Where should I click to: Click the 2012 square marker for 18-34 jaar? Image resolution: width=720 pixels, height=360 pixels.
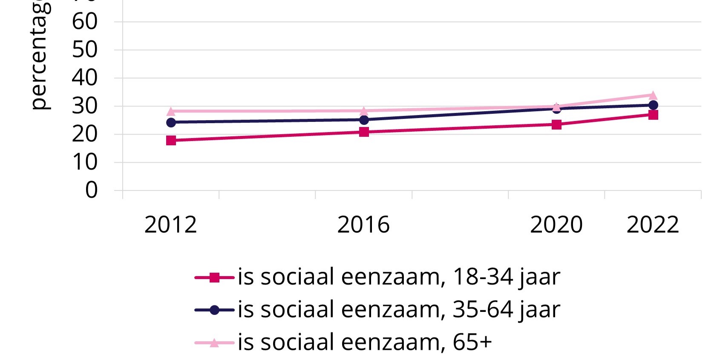coord(171,140)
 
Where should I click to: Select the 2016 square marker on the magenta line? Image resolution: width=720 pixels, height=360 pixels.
coord(364,132)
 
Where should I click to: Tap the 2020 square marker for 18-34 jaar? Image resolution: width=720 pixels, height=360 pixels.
coord(556,124)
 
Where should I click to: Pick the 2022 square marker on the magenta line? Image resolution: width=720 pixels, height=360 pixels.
coord(653,115)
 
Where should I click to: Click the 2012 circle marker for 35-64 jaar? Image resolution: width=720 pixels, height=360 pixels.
coord(171,122)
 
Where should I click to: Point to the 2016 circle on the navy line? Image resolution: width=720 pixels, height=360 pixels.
coord(364,120)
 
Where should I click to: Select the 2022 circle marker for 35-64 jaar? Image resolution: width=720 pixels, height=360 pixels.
coord(653,105)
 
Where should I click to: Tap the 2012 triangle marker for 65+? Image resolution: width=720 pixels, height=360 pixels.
coord(171,112)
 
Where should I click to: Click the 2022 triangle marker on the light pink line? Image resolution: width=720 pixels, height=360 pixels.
coord(653,95)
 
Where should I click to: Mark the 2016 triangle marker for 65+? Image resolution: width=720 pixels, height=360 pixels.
coord(364,111)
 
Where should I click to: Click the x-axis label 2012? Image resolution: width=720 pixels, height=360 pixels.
coord(170,225)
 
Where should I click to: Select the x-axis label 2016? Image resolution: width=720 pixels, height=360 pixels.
coord(363,225)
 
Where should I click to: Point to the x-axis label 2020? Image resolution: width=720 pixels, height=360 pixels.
coord(556,225)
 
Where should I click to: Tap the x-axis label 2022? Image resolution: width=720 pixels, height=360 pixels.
coord(652,225)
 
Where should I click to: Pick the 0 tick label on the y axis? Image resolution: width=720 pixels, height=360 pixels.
coord(91,190)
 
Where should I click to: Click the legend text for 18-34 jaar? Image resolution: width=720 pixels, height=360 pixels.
coord(398,277)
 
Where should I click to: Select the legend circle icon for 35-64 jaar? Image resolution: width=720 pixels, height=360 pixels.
coord(214,310)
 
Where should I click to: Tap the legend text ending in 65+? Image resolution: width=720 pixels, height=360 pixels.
coord(365,343)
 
